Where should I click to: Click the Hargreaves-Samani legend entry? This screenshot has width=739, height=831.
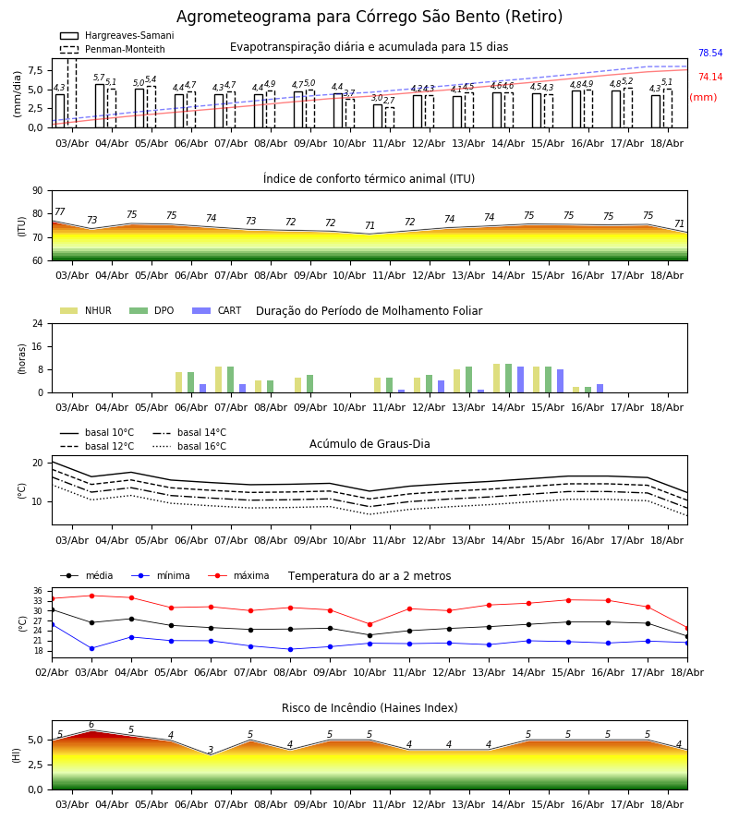(x=116, y=35)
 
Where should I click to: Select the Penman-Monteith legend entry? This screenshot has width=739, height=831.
(x=113, y=49)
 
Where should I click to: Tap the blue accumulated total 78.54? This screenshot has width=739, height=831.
(x=710, y=53)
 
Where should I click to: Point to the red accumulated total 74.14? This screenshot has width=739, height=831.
(x=710, y=77)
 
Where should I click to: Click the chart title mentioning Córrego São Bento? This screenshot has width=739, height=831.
(x=369, y=17)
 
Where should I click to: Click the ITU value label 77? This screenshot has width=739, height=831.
(x=59, y=212)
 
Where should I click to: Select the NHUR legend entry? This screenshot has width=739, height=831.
(x=86, y=310)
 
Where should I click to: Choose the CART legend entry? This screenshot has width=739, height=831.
(x=217, y=310)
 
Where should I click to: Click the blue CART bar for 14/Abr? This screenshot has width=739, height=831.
(x=521, y=379)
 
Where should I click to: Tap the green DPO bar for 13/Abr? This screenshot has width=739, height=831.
(x=468, y=379)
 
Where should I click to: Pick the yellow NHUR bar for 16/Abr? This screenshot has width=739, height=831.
(x=575, y=390)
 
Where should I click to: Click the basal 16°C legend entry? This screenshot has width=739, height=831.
(x=189, y=446)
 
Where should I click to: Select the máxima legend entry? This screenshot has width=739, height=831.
(x=238, y=575)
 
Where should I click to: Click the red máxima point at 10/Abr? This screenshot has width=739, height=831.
(x=370, y=625)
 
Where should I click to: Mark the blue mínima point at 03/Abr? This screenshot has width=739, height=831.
(x=91, y=648)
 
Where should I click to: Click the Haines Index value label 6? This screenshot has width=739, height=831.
(x=91, y=725)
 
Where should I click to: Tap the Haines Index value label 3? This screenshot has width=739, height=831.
(x=211, y=750)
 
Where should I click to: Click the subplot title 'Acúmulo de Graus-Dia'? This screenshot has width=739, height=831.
(x=369, y=444)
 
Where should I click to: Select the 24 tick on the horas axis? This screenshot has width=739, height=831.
(x=38, y=323)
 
